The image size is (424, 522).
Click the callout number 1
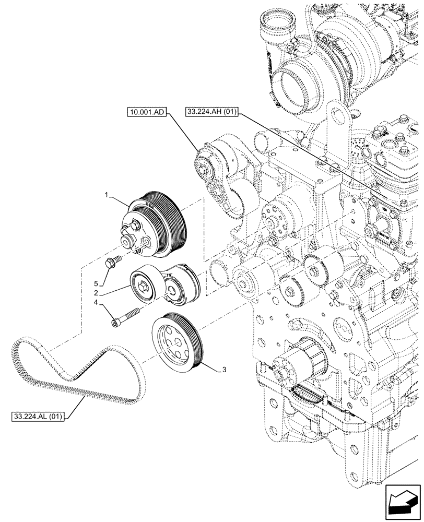[106, 195]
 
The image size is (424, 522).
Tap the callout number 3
[223, 370]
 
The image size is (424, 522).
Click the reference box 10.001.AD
[146, 112]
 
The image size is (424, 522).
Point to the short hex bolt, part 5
[112, 262]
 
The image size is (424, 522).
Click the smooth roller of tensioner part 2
[146, 284]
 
